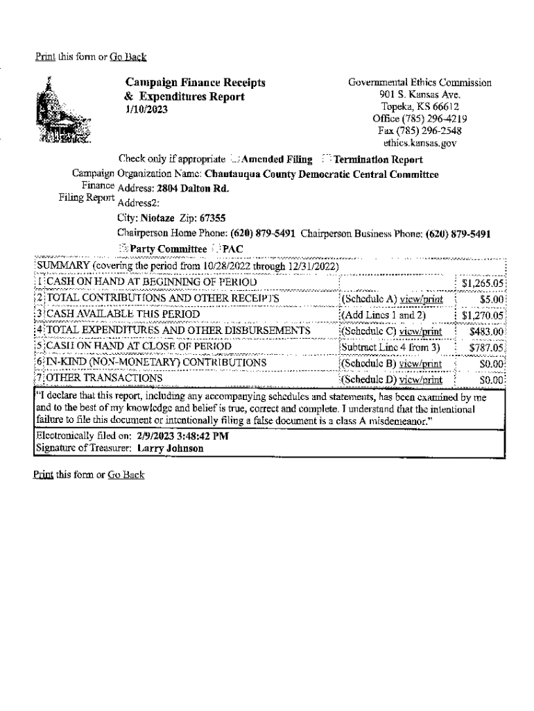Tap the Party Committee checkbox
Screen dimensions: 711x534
pyautogui.click(x=123, y=249)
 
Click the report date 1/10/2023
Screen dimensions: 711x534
pyautogui.click(x=147, y=110)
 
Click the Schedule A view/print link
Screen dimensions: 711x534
pyautogui.click(x=420, y=299)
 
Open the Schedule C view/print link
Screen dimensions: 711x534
pyautogui.click(x=420, y=331)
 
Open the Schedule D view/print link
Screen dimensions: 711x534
pyautogui.click(x=420, y=379)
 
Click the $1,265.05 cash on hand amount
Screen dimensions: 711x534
pyautogui.click(x=483, y=283)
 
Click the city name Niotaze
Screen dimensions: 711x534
pyautogui.click(x=152, y=217)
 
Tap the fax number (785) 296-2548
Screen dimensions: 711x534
pyautogui.click(x=420, y=131)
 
